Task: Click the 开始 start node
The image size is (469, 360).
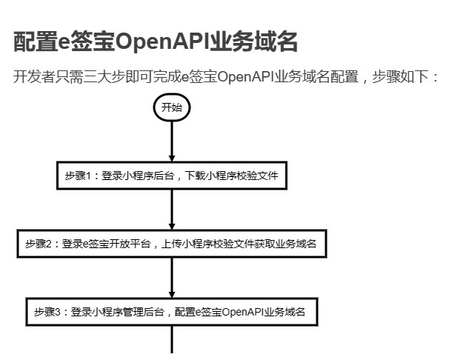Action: point(172,108)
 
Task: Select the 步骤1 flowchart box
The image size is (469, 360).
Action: point(171,176)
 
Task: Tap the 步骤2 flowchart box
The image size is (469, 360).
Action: point(171,243)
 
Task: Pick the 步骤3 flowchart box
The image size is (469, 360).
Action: point(171,312)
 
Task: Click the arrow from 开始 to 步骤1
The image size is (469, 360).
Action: point(172,140)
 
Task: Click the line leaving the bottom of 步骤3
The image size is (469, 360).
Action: point(172,340)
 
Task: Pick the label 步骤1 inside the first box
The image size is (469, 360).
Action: point(76,176)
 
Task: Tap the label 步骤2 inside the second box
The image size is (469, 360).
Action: point(38,243)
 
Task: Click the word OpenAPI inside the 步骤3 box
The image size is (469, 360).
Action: point(245,312)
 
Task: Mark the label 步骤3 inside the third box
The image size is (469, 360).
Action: point(47,312)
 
